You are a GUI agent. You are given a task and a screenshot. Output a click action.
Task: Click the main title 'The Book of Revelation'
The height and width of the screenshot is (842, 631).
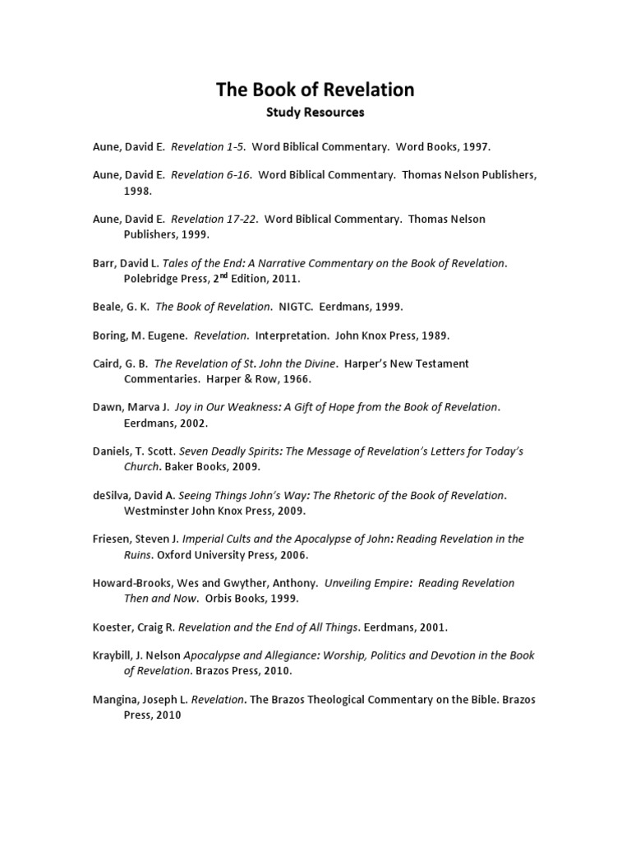pyautogui.click(x=315, y=90)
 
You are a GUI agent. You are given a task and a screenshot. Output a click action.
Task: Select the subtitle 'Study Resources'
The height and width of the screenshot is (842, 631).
pyautogui.click(x=315, y=112)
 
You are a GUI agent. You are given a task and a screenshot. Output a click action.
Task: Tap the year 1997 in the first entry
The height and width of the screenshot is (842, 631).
pyautogui.click(x=476, y=147)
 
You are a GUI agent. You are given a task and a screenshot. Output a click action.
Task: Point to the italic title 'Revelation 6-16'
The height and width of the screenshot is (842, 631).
pyautogui.click(x=210, y=175)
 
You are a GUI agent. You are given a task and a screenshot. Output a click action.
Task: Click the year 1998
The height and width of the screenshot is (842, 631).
pyautogui.click(x=137, y=190)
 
